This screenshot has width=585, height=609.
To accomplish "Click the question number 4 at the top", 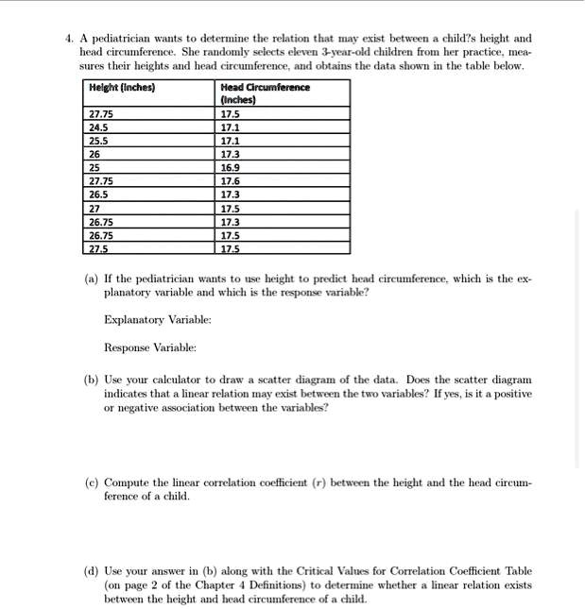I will (x=68, y=39).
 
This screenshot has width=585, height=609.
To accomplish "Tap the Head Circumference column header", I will (x=264, y=93).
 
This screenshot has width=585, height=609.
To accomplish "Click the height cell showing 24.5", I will (x=98, y=126).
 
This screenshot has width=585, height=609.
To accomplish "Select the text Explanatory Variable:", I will (x=158, y=321).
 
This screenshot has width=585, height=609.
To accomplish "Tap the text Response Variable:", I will (x=151, y=348).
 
